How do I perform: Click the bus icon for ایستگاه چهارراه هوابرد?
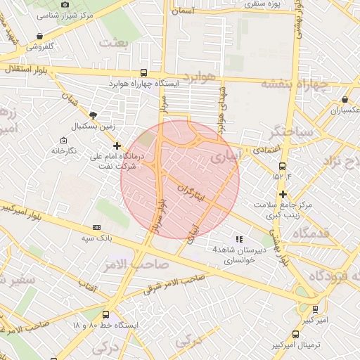point(144,72)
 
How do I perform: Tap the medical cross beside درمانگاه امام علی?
point(117,146)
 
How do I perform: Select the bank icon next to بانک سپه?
point(96,228)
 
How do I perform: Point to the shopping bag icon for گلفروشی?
point(40,36)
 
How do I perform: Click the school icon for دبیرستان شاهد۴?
point(239,239)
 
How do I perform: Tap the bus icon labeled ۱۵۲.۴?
point(282,167)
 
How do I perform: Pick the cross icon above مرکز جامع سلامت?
point(283,194)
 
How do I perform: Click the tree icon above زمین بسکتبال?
point(94,115)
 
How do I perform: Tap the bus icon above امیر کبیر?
point(315,309)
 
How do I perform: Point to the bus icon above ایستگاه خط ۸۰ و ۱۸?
point(105,315)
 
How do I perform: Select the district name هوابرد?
point(200,76)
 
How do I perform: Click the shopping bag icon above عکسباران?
point(345,99)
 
